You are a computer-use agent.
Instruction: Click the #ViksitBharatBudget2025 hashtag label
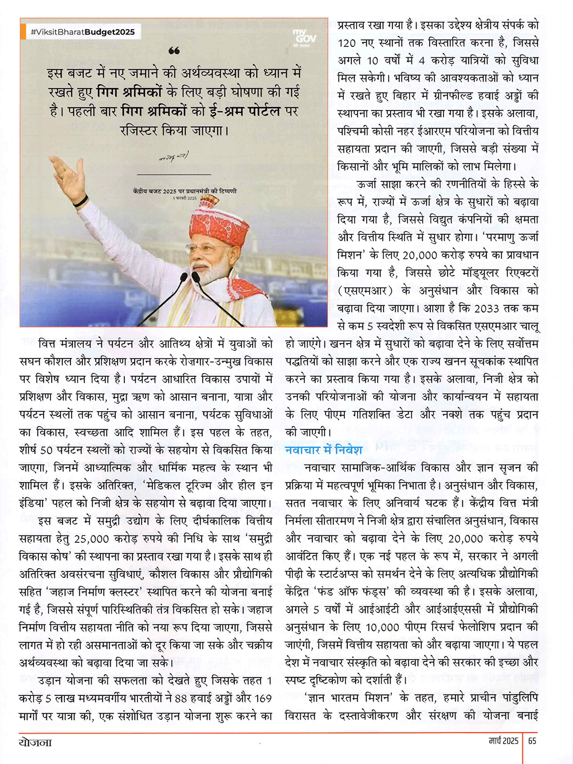click(x=83, y=32)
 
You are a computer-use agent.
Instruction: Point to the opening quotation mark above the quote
click(x=174, y=52)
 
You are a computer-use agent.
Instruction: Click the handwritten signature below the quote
click(x=174, y=156)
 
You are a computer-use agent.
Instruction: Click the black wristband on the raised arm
click(x=81, y=202)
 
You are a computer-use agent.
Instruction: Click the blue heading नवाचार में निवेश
click(x=324, y=450)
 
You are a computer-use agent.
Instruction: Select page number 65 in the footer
click(x=532, y=741)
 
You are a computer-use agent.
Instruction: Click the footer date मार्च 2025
click(x=503, y=741)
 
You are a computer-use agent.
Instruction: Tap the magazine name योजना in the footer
click(x=35, y=743)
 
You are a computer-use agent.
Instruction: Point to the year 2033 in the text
click(x=486, y=308)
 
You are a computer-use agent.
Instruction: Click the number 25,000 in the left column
click(x=92, y=538)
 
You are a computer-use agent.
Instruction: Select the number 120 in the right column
click(x=347, y=43)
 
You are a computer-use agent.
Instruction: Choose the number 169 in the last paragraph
click(x=262, y=698)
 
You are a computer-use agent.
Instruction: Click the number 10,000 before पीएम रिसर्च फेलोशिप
click(x=382, y=627)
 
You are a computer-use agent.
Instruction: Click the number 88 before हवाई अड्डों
click(x=180, y=698)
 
